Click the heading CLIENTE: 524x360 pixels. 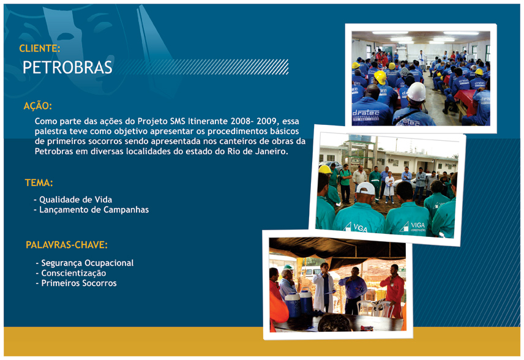(x=39, y=48)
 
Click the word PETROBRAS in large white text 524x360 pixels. (x=67, y=67)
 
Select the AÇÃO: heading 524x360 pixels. (x=38, y=106)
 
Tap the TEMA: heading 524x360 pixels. (x=39, y=183)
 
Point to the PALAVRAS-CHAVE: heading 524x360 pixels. (x=67, y=245)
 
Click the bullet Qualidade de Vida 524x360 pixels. (x=73, y=200)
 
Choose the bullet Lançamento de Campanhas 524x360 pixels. (x=91, y=210)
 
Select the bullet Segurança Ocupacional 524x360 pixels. (x=84, y=263)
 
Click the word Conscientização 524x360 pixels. (x=73, y=273)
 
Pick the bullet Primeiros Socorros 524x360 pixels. (x=76, y=283)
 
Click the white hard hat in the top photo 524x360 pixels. (x=416, y=92)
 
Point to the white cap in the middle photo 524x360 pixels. (x=365, y=188)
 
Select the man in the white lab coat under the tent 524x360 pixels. (x=323, y=288)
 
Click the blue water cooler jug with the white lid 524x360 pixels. (x=306, y=301)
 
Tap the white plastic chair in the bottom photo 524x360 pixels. (x=365, y=308)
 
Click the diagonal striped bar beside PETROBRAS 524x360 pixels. (x=202, y=67)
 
